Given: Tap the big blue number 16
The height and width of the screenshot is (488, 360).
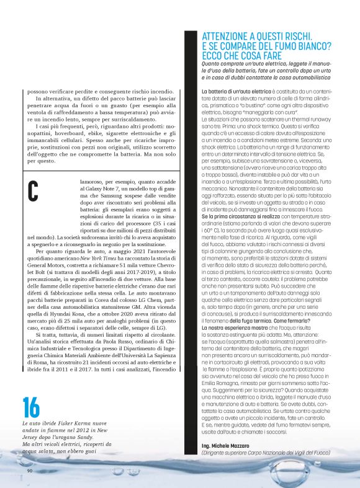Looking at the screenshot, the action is pyautogui.click(x=31, y=407).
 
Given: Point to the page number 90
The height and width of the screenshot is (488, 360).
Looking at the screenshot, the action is pyautogui.click(x=30, y=471).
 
